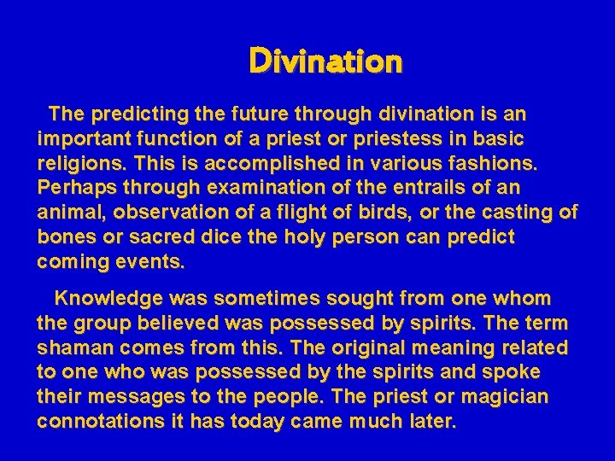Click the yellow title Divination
point(325,61)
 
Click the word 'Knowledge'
point(109,299)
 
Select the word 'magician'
point(509,398)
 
